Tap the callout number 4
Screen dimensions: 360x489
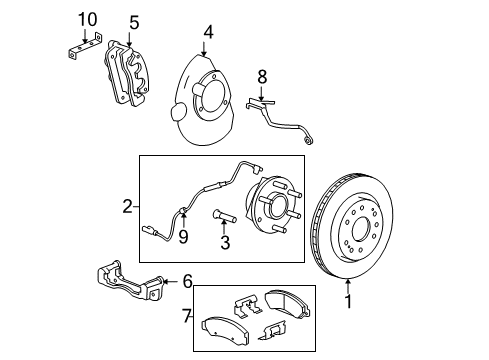click(207, 32)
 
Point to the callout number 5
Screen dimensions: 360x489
click(134, 22)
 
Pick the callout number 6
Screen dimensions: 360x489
click(186, 283)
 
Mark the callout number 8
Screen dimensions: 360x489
click(263, 75)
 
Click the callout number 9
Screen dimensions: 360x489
click(183, 237)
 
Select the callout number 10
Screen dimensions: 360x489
click(87, 19)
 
